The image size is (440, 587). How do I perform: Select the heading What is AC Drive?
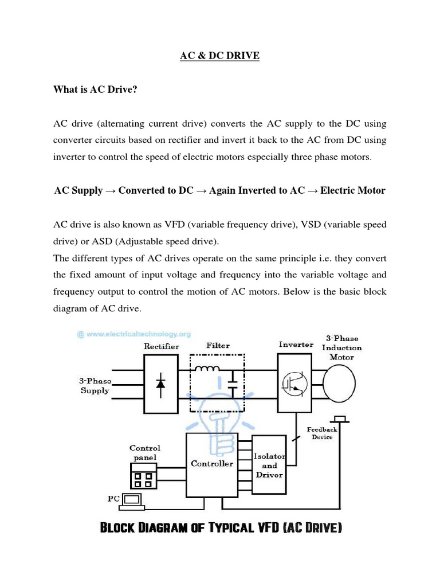point(95,89)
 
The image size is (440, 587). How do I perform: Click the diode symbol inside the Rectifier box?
point(160,383)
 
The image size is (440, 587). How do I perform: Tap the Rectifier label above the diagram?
point(161,346)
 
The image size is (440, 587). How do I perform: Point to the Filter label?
point(218,346)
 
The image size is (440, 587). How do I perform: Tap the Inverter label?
point(296,345)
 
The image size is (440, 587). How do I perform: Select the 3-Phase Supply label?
point(95,385)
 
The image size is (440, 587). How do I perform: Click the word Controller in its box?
point(211,463)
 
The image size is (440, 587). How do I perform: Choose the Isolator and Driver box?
point(269,465)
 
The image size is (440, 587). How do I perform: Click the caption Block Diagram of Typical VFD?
point(221,528)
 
